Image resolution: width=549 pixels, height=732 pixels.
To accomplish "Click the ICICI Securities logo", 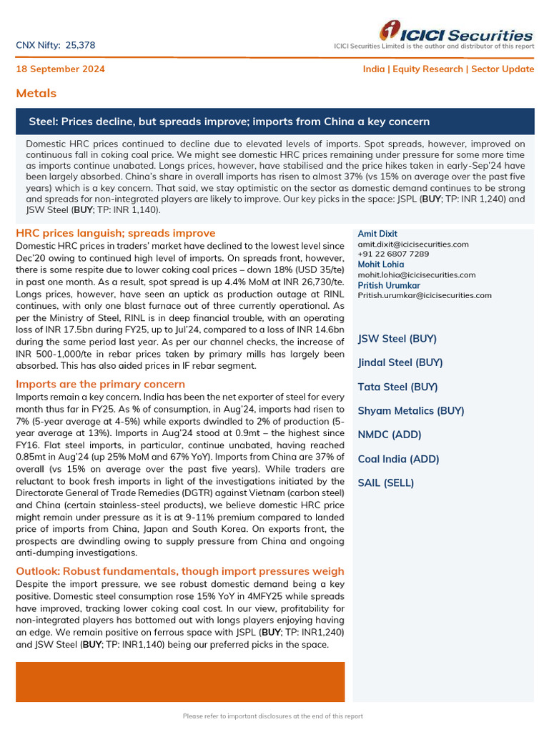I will point(456,33).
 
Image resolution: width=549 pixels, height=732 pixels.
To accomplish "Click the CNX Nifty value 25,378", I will point(80,46).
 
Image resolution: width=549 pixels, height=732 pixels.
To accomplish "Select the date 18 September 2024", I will point(61,69).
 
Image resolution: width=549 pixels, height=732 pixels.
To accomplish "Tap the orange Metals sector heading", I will point(36,94).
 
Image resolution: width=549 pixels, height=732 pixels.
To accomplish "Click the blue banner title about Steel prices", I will point(229,122).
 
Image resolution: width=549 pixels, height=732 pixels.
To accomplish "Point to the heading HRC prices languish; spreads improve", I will point(115,233).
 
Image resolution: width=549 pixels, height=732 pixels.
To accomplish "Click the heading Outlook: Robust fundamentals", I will point(179,571).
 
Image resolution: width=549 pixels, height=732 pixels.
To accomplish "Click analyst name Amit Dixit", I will point(377,234).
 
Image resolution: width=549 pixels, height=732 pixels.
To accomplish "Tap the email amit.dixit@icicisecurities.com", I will point(413,244).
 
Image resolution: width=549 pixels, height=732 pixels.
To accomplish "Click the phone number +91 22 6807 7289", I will point(393,254).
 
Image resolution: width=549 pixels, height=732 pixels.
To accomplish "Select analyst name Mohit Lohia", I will point(380,264).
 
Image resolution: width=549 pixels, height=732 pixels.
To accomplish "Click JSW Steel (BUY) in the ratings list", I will point(397,339).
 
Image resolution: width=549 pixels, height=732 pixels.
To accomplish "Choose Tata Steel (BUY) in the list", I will point(397,387).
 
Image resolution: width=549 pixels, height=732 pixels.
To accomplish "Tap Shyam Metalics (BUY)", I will point(410,410).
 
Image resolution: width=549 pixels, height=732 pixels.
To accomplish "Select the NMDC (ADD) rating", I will point(390,435).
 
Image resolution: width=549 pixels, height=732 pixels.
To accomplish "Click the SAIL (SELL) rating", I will point(385,483).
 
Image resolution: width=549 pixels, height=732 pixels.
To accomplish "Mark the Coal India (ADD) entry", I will point(398,459).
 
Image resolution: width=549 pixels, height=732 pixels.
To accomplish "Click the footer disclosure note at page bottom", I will point(273,716).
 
